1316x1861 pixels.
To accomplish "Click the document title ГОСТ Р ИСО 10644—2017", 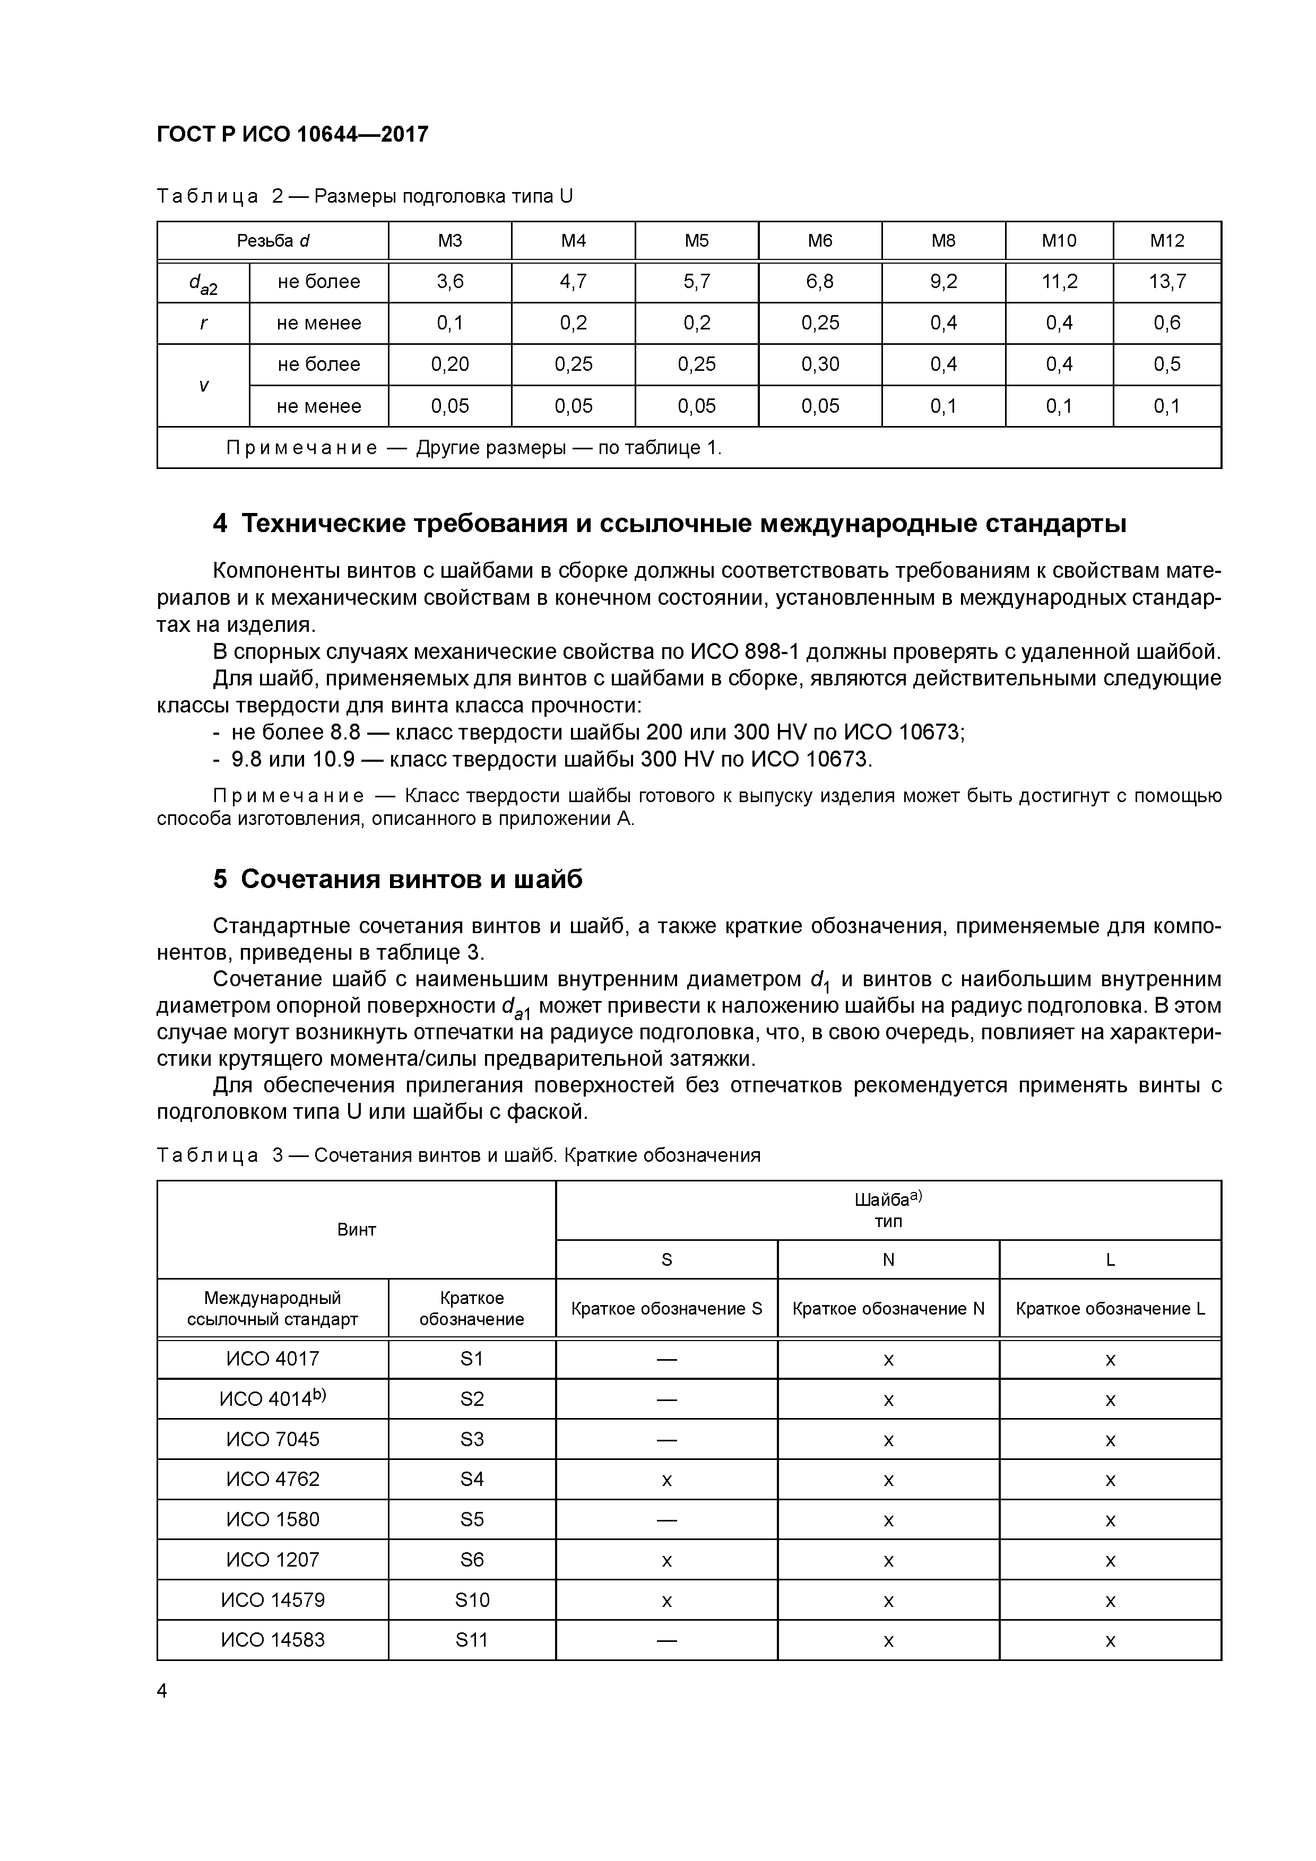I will (x=292, y=135).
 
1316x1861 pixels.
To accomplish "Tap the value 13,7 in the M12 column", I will (x=1167, y=282).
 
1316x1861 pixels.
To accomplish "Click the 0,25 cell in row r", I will (x=820, y=324).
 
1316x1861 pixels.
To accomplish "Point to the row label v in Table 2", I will (x=203, y=386).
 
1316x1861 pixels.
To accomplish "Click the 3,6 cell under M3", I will (x=450, y=282).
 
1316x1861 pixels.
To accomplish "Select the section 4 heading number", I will (x=220, y=525).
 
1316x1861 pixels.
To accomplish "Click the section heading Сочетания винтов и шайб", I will (x=411, y=880).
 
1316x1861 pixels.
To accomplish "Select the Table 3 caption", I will (x=458, y=1155).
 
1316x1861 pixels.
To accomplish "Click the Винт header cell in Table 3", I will (x=356, y=1230).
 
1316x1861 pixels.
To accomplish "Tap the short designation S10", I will (x=472, y=1600).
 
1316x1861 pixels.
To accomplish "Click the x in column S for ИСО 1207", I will (x=666, y=1560).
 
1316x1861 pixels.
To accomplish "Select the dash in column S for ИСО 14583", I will (x=666, y=1640).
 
